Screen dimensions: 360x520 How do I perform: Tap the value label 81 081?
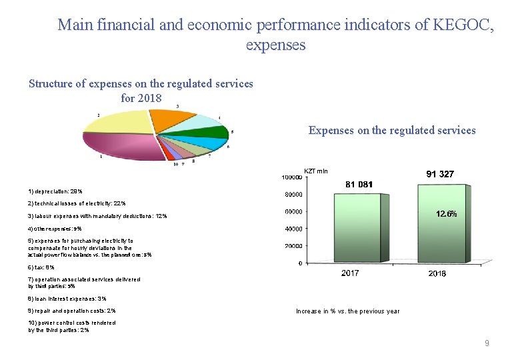pos(359,184)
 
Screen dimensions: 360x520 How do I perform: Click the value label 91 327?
pos(440,173)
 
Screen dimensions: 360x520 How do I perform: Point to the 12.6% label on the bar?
pos(446,214)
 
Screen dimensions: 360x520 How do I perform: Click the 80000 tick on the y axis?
pos(291,195)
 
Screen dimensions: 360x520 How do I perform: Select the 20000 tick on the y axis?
pos(291,246)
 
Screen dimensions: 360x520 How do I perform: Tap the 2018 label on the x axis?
pos(437,273)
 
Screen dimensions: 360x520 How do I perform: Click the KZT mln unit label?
pos(315,171)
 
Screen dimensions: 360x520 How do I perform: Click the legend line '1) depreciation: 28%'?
pos(55,191)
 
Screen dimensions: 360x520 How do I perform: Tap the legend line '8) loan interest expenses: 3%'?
pos(67,299)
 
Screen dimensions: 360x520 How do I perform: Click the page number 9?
pos(487,343)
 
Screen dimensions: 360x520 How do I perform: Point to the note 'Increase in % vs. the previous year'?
pos(347,311)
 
